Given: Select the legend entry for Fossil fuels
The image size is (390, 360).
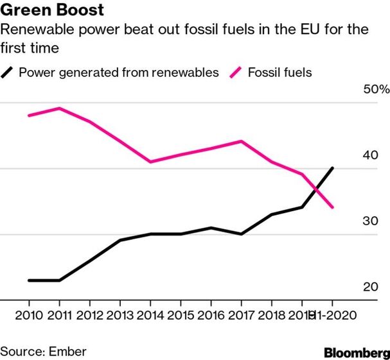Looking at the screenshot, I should pos(279,72).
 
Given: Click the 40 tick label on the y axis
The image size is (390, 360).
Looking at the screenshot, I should pos(371,155).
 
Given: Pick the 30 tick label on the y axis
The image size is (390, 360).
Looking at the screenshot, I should pos(371,221).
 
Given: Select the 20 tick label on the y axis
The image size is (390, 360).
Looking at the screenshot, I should pos(371,286).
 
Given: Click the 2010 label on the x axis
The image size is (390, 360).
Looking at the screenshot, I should pos(29,315).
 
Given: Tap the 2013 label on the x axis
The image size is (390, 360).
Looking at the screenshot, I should pos(120,315).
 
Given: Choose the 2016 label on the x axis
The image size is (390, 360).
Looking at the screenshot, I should pos(211,315).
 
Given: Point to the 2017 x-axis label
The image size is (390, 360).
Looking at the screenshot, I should pos(241,315).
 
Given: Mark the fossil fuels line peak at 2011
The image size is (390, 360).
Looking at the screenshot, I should pos(59,108).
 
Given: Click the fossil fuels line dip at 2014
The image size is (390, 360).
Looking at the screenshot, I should pos(150,162).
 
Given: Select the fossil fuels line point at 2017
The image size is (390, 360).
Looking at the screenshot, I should pos(241,141).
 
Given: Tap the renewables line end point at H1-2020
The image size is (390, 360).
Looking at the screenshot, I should pos(332,168).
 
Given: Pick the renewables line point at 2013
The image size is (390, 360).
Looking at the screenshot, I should pos(120,240).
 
